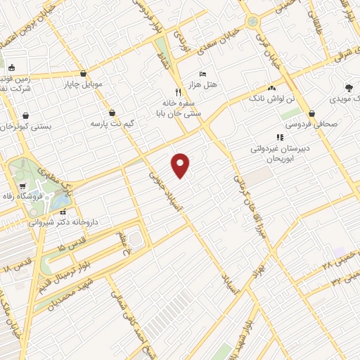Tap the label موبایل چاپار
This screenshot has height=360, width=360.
click(83, 84)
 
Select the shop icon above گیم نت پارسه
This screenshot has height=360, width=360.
click(112, 112)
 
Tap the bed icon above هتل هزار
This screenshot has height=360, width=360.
click(202, 75)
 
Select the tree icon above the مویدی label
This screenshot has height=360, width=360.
click(349, 88)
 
